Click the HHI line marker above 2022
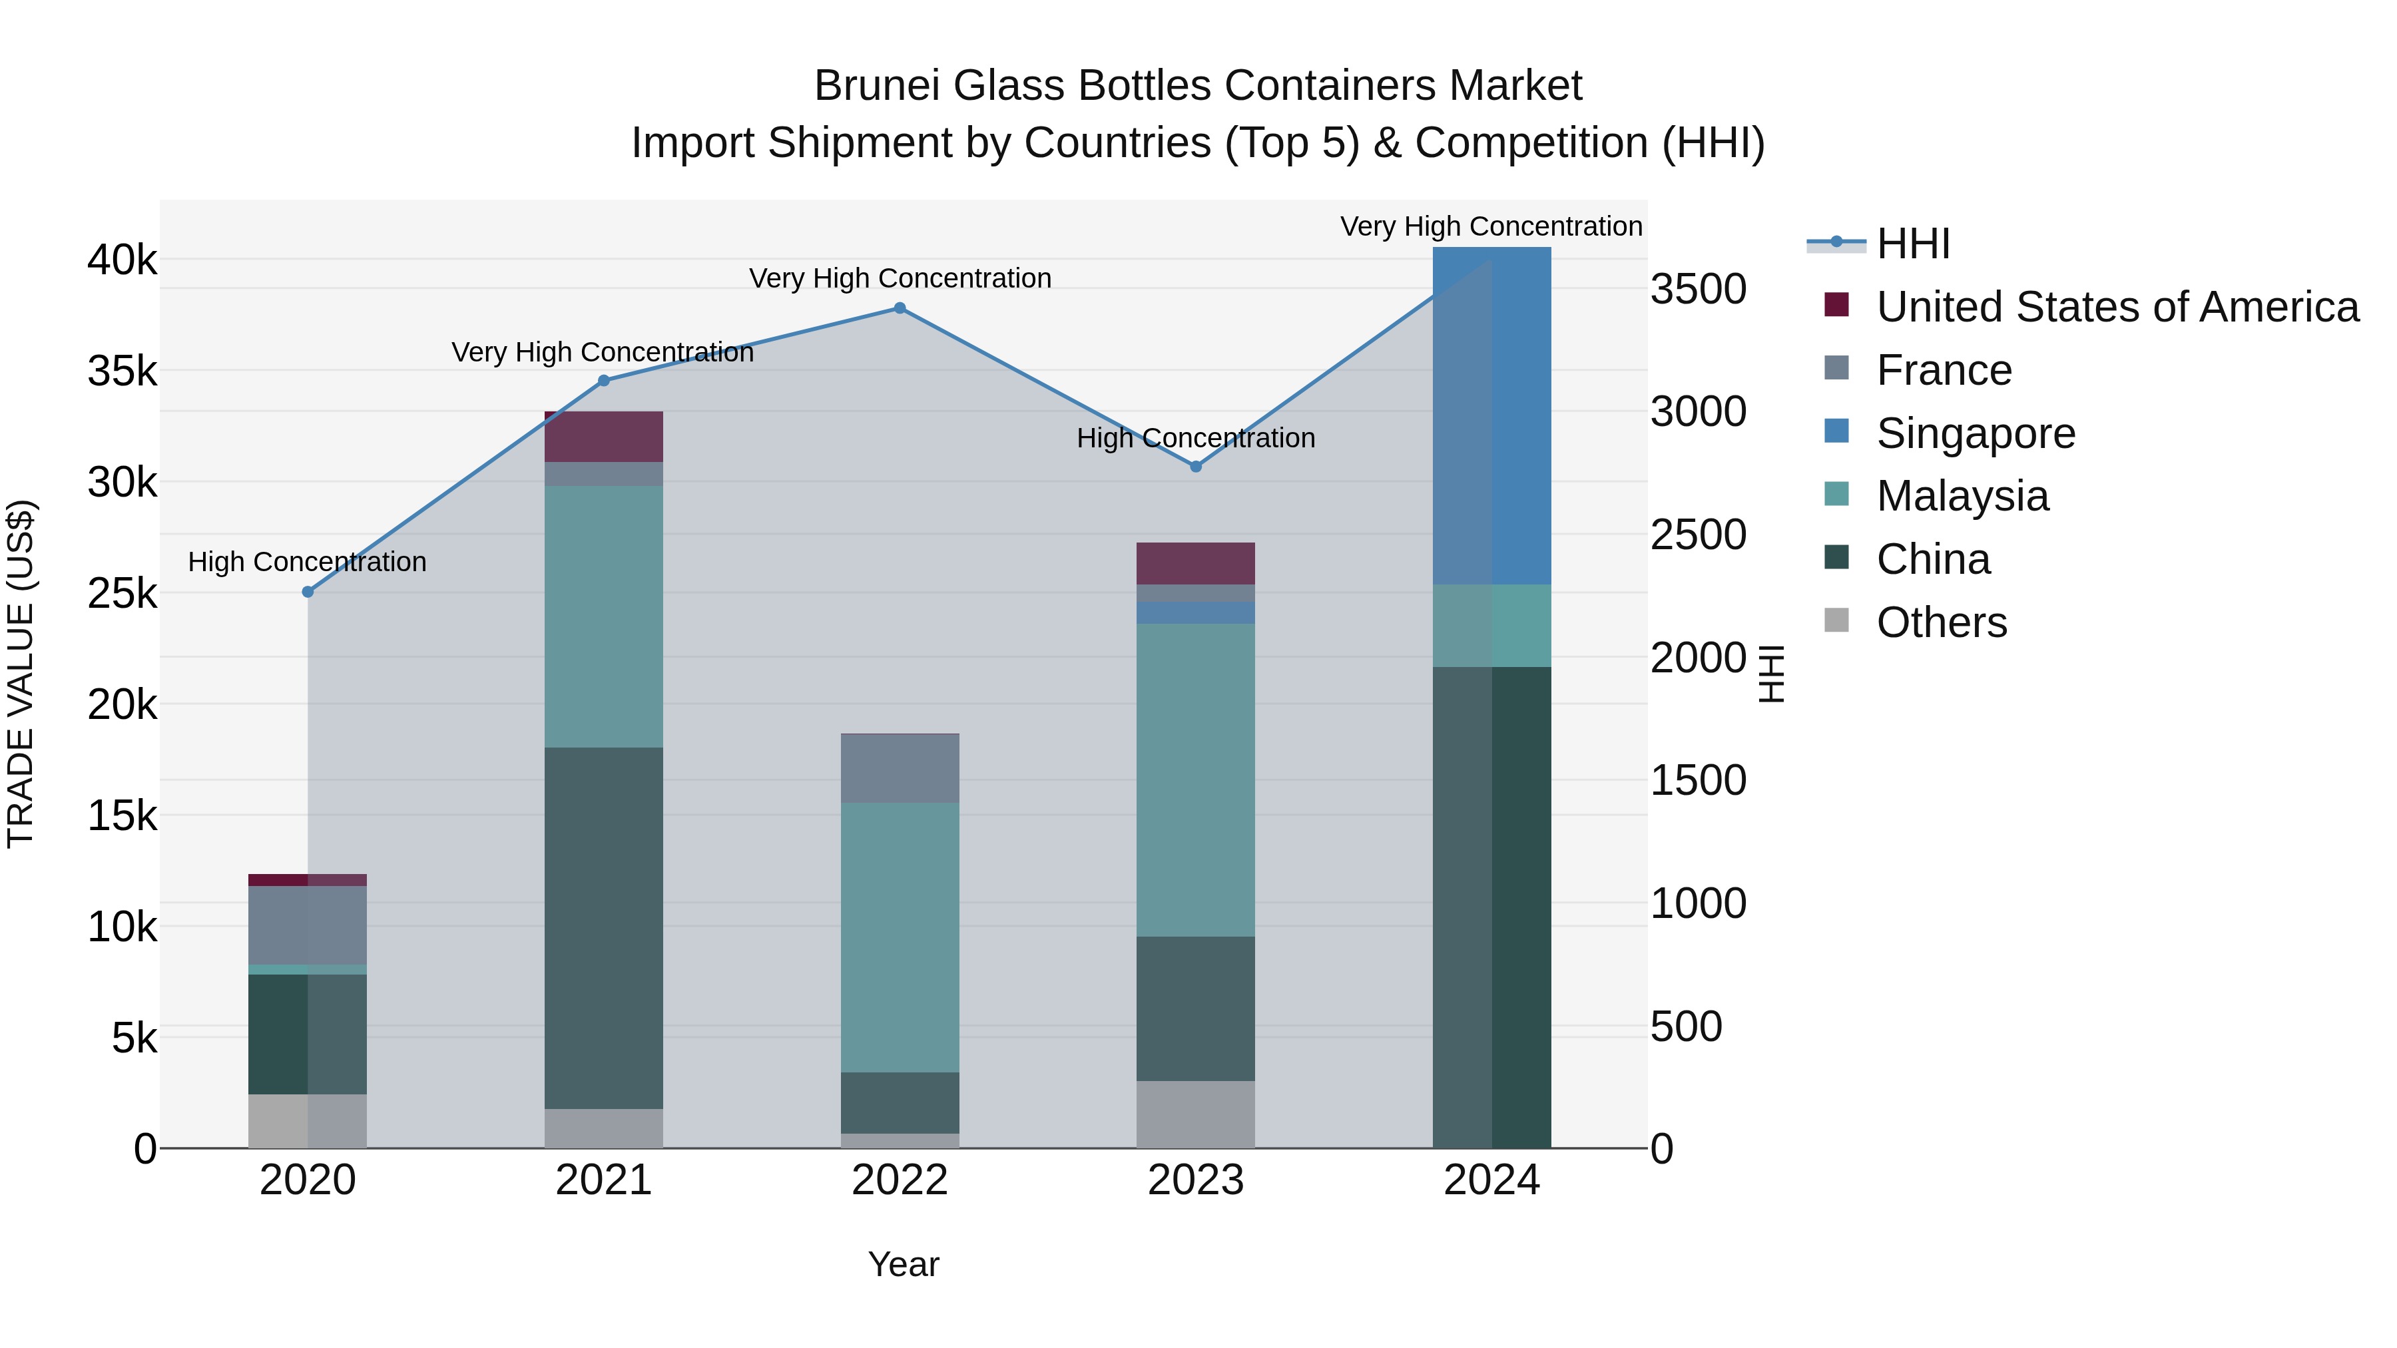coord(900,308)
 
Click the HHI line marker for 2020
coord(308,592)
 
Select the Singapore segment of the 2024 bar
coord(1491,416)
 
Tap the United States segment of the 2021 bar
coord(603,436)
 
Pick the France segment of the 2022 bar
coord(900,768)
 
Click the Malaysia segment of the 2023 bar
coord(1196,780)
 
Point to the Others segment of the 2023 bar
coord(1196,1114)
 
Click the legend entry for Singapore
coord(1975,433)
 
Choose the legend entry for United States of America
coord(2117,307)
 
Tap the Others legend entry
coord(1941,622)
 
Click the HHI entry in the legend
coord(1912,244)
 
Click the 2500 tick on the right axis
coord(1698,535)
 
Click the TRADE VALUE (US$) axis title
coord(21,674)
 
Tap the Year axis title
coord(904,1264)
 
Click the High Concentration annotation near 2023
coord(1196,438)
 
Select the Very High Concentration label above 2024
coord(1491,226)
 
